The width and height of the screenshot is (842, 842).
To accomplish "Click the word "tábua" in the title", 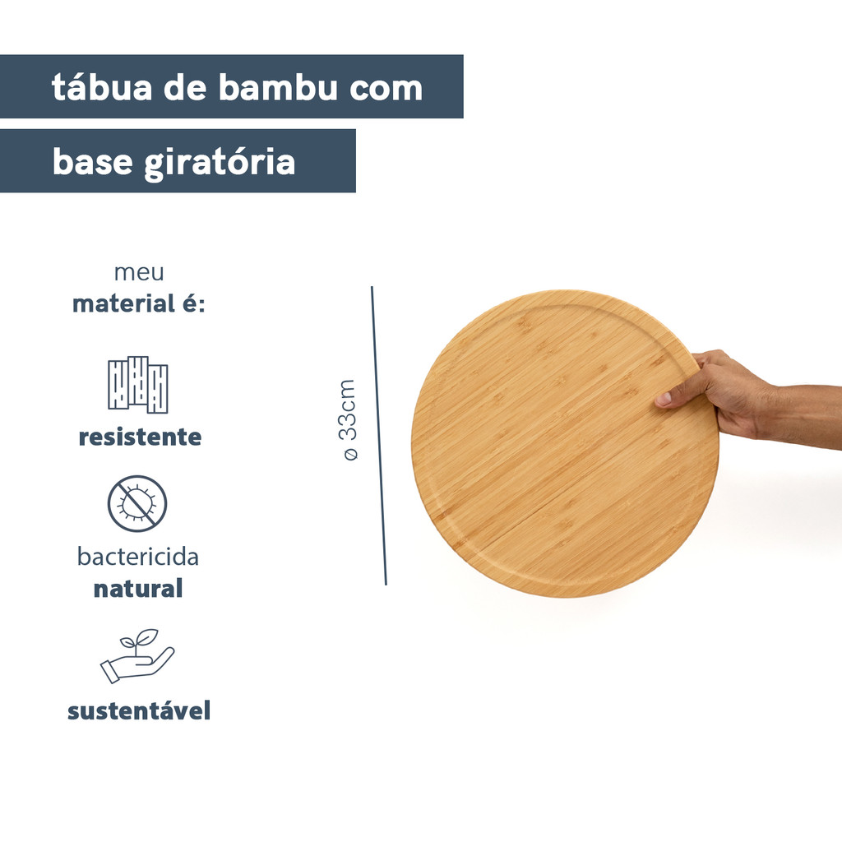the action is point(101,87).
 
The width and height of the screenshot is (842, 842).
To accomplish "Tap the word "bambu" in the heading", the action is point(277,87).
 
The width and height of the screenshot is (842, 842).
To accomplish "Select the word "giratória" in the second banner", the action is point(220,163).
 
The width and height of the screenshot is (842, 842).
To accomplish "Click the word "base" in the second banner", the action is point(92,161).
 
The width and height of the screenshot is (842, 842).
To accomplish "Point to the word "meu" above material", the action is point(139,272).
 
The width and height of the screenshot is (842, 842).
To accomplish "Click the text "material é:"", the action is point(138,303).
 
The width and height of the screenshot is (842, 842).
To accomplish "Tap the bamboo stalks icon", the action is point(138,385).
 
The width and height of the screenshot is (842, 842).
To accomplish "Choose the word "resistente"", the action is point(140,437).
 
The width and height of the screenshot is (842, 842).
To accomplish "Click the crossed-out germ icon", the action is point(137,504).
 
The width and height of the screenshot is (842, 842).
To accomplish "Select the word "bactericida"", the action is point(138,557).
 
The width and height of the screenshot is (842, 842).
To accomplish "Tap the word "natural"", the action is point(138,589).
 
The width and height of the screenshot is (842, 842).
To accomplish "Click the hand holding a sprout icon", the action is point(137,656).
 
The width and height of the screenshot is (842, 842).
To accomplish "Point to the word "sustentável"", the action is point(139,711).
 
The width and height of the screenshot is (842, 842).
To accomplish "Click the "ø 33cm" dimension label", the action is point(349,420).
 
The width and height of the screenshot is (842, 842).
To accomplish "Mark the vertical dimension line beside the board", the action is point(378,436).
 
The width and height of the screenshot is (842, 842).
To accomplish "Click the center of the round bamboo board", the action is point(565,443).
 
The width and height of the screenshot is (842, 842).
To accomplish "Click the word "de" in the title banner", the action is point(185,87).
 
